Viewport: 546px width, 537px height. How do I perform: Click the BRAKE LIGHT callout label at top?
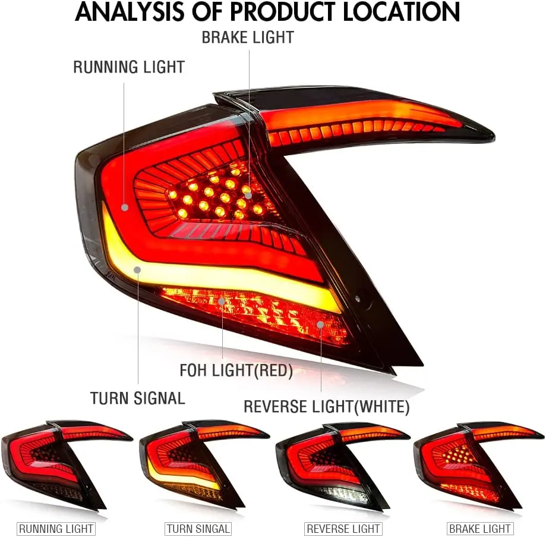coord(247,37)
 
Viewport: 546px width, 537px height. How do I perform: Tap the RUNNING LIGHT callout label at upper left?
coord(129,67)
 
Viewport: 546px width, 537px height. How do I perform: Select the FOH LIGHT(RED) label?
coord(236,371)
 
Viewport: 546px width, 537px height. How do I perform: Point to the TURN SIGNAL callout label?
coord(137,398)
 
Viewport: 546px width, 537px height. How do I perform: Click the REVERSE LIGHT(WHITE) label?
coord(326,407)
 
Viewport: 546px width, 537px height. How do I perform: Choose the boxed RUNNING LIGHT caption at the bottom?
coord(56,528)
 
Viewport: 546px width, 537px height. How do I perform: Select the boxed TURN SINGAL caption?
coord(198,528)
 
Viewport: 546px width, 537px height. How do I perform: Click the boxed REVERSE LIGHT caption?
coord(343,528)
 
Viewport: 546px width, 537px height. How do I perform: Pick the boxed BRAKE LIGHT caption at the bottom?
coord(480,528)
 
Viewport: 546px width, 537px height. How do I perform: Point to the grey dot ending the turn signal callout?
coord(138,270)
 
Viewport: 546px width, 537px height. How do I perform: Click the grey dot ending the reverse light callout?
coord(320,325)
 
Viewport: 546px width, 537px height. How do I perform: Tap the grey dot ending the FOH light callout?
coord(222,302)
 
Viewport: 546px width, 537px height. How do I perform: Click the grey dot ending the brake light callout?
coord(248,194)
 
